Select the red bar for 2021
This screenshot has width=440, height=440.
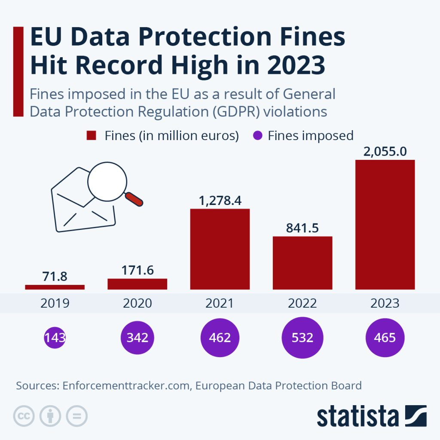point(220,249)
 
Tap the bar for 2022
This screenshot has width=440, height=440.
point(302,263)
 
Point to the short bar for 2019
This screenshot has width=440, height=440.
point(55,287)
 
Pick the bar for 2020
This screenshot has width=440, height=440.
point(137,284)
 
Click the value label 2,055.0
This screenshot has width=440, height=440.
point(385,152)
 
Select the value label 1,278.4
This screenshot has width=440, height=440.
point(220,201)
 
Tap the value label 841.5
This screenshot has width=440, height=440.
point(302,228)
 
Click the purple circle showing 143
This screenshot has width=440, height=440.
point(55,337)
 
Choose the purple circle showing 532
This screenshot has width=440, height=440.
point(302,337)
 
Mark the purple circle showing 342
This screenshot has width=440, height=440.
point(137,337)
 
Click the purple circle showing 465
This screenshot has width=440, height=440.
point(385,337)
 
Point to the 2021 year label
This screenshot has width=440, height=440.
point(220,303)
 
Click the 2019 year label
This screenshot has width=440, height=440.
point(55,303)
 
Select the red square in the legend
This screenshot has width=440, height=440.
point(91,136)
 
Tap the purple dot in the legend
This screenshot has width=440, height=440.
point(257,136)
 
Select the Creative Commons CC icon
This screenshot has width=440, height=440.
point(24,416)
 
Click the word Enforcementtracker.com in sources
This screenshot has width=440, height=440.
point(126,385)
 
